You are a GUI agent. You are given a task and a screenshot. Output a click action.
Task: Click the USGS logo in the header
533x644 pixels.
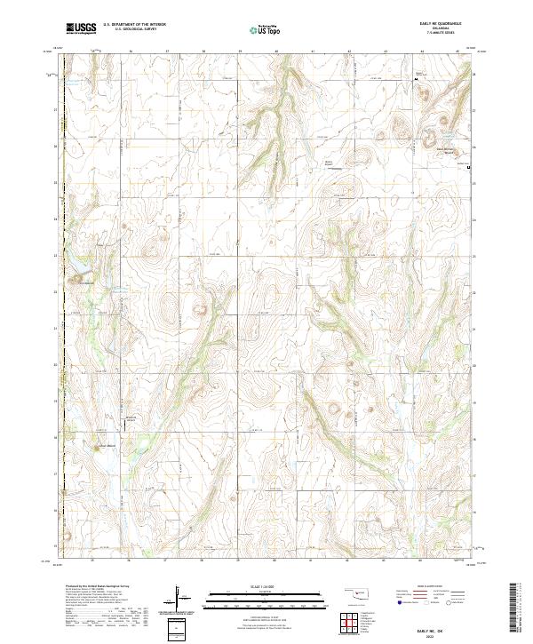coord(81,28)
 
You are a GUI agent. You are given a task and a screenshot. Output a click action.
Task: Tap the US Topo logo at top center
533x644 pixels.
coord(266,28)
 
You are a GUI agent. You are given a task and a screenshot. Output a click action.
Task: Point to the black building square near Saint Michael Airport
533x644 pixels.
coord(468,166)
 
